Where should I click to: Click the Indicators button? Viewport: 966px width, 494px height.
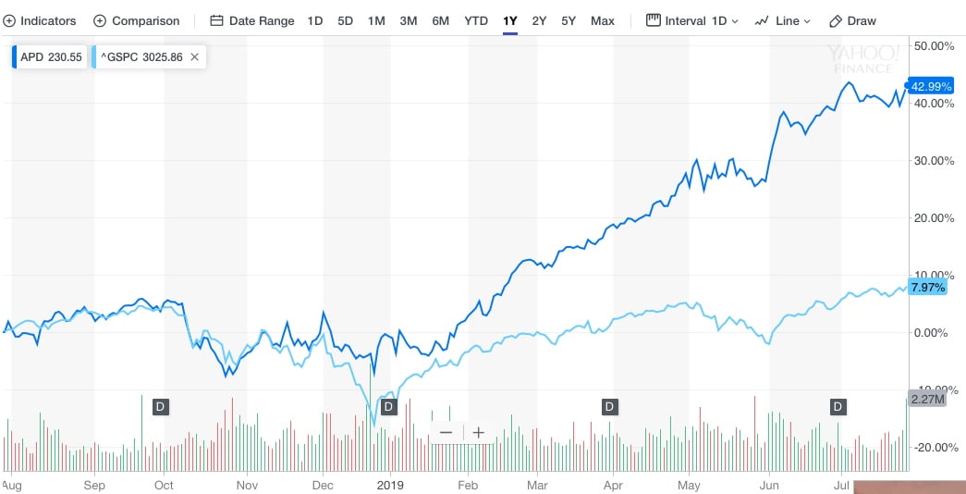41,20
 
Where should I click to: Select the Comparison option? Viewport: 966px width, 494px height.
137,20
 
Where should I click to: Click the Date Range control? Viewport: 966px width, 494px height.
252,20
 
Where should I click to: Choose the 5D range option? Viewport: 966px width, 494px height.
345,20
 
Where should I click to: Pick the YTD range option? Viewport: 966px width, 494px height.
476,20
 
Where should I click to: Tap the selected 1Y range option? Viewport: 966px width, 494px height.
510,20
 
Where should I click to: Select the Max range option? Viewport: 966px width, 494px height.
602,20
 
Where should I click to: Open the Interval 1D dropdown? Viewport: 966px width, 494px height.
692,20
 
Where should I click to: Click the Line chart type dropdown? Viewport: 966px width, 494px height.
782,20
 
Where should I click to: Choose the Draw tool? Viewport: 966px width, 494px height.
852,20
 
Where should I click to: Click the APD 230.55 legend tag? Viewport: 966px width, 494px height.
51,57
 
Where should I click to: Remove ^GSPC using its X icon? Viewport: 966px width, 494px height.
194,57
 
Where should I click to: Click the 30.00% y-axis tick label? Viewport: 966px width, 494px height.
935,161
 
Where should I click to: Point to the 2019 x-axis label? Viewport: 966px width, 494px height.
392,484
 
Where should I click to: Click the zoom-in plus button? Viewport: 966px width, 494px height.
478,432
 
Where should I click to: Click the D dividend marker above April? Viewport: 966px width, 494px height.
609,406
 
